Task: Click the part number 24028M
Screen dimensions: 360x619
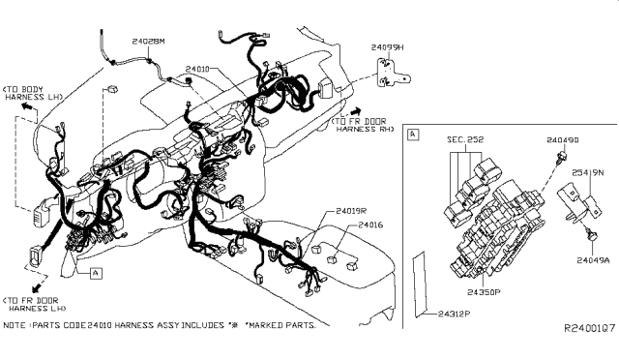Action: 148,41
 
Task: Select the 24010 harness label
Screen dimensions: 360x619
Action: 198,70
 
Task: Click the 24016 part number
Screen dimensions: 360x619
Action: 371,225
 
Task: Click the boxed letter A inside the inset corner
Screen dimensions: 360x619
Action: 414,134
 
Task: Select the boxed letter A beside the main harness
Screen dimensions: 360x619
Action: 96,274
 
